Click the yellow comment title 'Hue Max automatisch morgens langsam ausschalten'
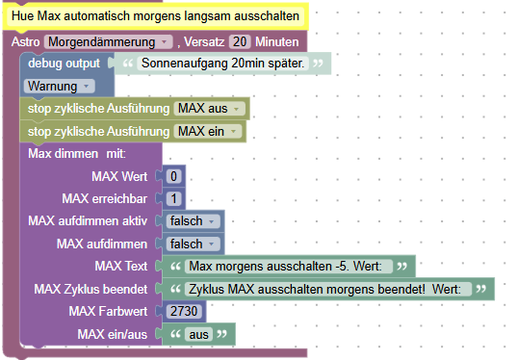[x=154, y=16]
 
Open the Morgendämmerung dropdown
[x=108, y=42]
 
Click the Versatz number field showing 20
[x=241, y=42]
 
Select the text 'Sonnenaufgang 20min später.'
[x=222, y=64]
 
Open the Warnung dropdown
[x=58, y=86]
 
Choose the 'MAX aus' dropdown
[x=208, y=108]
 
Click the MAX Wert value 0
[x=173, y=176]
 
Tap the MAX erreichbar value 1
[x=173, y=199]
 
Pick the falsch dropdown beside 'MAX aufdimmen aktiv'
[x=193, y=221]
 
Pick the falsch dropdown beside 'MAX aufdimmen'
[x=193, y=244]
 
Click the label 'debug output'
[x=64, y=64]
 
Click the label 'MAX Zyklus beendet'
[x=90, y=289]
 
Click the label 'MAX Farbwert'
[x=109, y=311]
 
